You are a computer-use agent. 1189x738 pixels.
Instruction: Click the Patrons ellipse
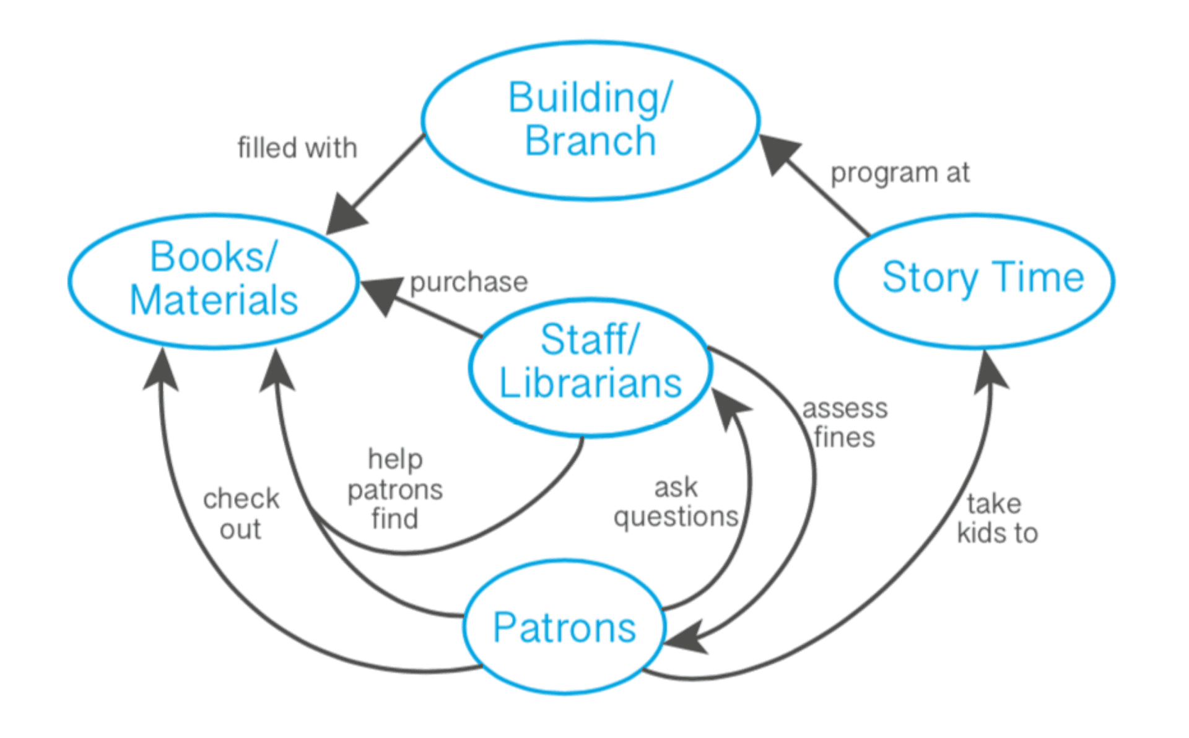(564, 627)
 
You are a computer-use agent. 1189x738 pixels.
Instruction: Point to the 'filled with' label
(297, 148)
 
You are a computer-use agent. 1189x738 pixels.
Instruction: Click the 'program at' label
(900, 173)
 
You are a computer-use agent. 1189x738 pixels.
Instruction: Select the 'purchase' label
(469, 282)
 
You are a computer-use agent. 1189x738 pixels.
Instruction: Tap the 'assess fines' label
(845, 423)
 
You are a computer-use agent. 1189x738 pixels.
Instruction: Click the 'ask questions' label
(676, 502)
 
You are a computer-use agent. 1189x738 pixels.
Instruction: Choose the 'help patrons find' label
(395, 489)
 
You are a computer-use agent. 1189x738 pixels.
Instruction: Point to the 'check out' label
(241, 513)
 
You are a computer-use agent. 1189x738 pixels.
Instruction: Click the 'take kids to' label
(996, 518)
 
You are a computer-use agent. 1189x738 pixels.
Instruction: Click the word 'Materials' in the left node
(214, 300)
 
